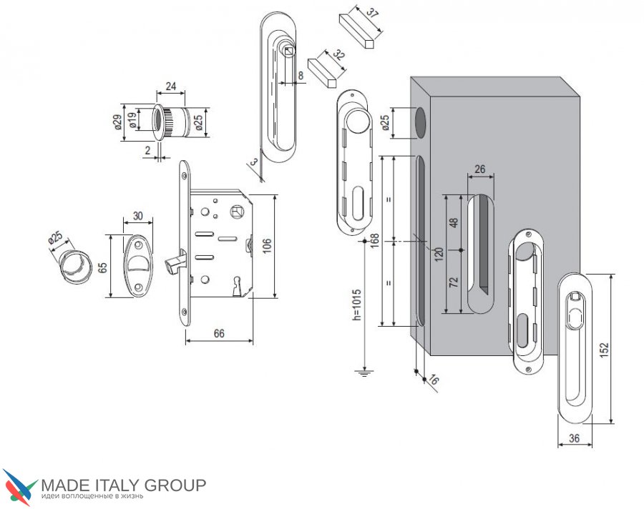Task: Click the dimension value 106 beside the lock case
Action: pos(267,246)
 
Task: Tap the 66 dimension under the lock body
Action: pos(219,333)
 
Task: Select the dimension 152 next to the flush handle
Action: pos(604,350)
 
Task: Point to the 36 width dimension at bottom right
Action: pos(574,438)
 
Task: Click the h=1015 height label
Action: pos(356,305)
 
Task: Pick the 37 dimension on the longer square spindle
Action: pos(371,13)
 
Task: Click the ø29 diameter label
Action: pos(117,122)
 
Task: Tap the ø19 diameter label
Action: pos(132,120)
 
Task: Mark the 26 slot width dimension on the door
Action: pos(479,169)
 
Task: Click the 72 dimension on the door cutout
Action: pos(454,282)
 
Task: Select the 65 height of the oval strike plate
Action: pos(102,267)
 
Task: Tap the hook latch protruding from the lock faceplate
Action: pos(174,262)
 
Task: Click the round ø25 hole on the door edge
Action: pos(420,122)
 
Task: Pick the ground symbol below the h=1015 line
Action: pos(364,372)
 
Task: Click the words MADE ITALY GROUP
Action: pos(124,485)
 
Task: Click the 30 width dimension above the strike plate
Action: pos(138,216)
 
